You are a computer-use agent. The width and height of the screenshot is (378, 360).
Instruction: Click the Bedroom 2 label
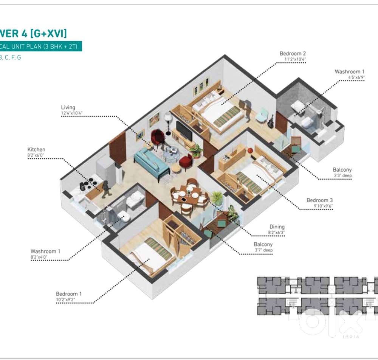[x=293, y=54]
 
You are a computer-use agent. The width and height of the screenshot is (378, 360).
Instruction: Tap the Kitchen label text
[x=36, y=150]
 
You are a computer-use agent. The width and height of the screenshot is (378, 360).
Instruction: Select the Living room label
[x=68, y=107]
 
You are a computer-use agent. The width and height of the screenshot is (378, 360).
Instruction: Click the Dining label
[x=277, y=227]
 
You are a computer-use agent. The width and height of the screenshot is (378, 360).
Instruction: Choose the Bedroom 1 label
[x=69, y=294]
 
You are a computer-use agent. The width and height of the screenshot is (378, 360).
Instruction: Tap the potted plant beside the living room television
[x=196, y=151]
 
